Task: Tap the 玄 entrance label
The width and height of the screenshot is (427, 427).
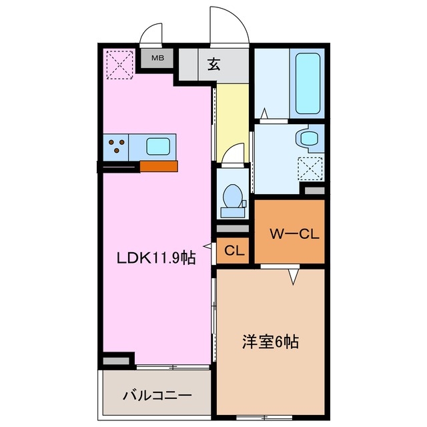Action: [213, 65]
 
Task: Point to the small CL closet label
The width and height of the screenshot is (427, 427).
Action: [233, 251]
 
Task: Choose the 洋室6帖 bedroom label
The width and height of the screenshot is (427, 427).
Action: [270, 343]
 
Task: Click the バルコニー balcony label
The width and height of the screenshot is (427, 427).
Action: [157, 395]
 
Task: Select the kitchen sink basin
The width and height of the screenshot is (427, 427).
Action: [158, 145]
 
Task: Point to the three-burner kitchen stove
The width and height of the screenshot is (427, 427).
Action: [116, 145]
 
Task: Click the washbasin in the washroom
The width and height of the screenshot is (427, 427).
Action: [309, 138]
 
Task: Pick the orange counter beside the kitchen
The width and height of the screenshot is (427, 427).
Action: [158, 166]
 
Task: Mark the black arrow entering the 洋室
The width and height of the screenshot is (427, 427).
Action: [292, 276]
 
